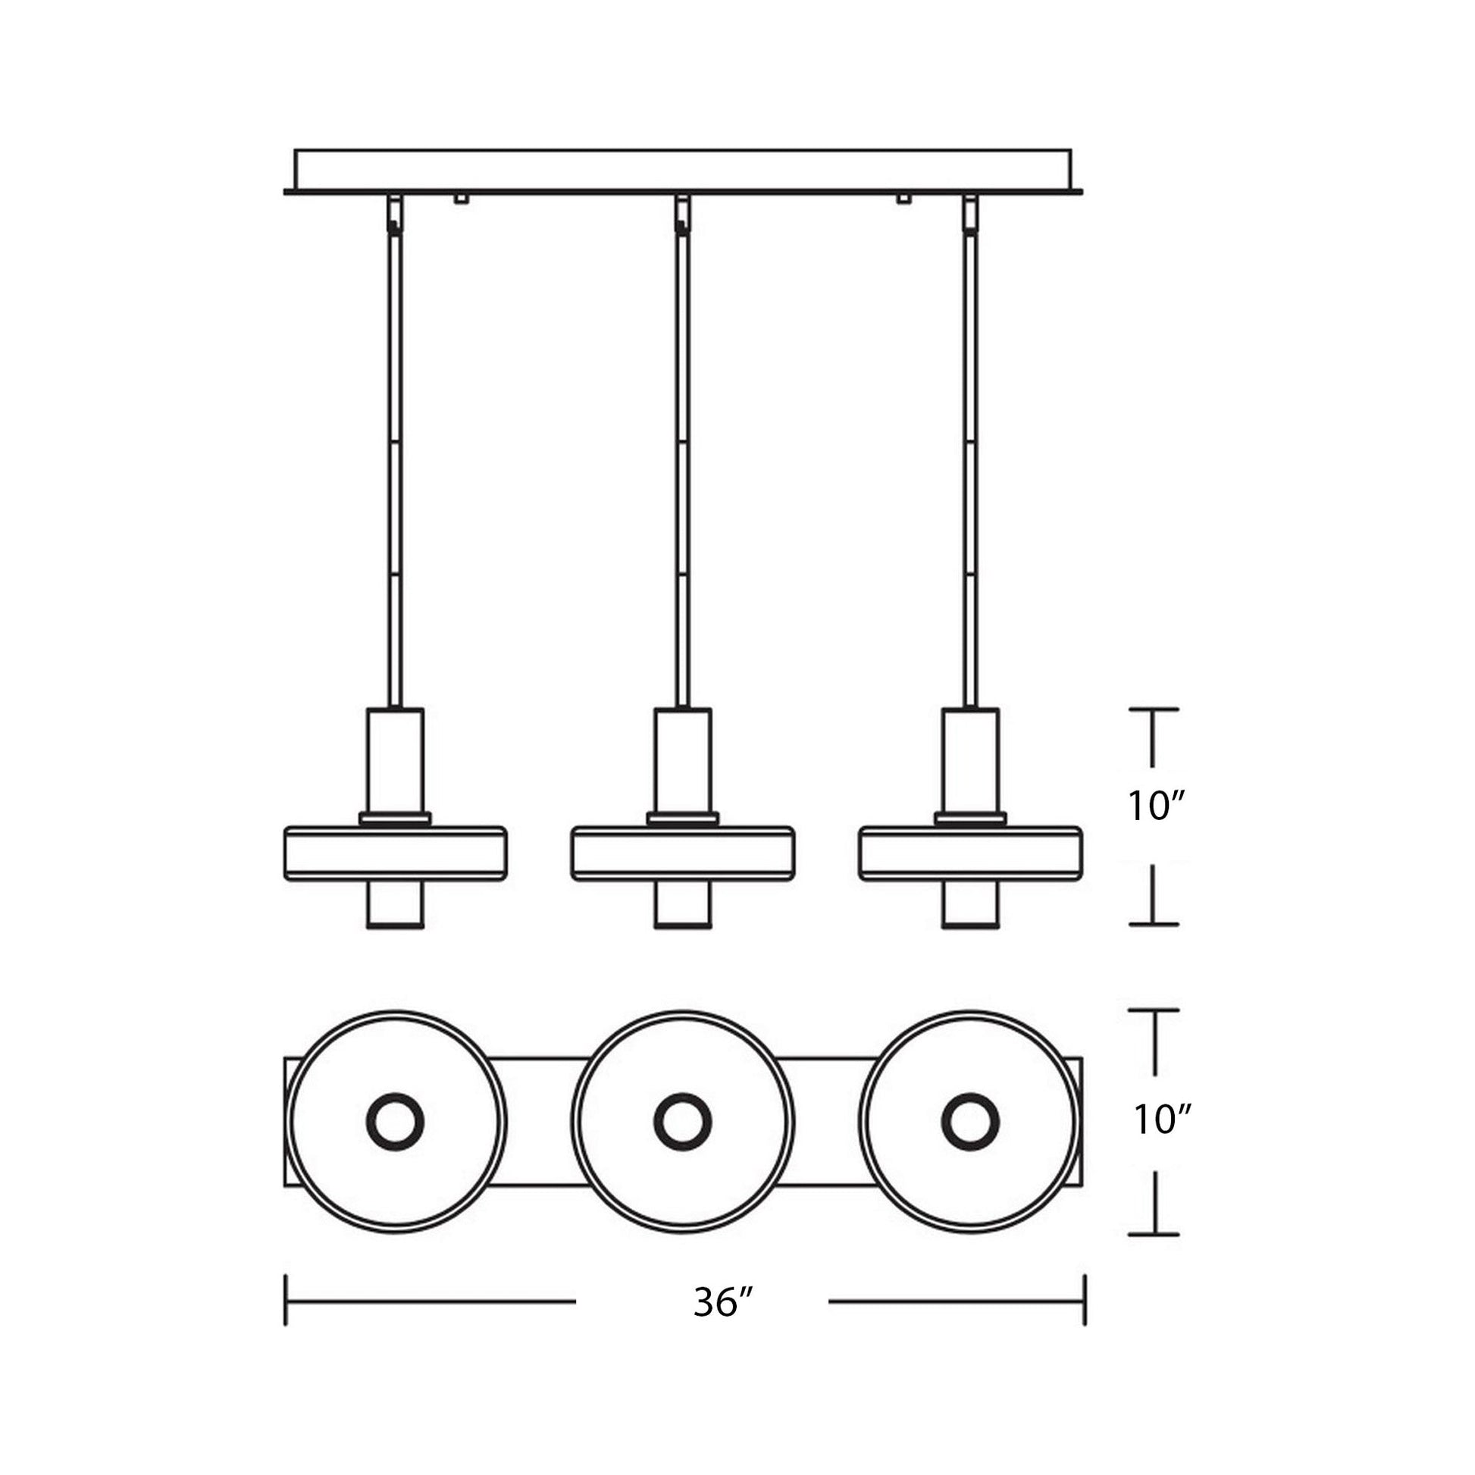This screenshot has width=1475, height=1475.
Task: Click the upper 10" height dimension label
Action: point(1156,806)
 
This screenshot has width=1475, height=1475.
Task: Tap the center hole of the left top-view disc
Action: point(395,1122)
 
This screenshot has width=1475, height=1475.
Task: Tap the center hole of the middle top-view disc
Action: point(682,1122)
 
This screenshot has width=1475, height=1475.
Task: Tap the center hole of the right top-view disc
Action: point(970,1122)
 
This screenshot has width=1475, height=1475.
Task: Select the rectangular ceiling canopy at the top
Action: point(682,170)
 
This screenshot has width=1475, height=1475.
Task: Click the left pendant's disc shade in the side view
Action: point(395,853)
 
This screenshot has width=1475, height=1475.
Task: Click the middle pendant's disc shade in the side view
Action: point(682,853)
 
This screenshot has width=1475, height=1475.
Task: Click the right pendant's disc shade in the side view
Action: point(970,853)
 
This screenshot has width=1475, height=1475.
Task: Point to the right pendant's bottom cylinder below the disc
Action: point(970,905)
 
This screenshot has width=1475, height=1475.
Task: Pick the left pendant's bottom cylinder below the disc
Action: point(395,905)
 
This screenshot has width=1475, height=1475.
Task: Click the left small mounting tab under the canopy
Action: point(460,199)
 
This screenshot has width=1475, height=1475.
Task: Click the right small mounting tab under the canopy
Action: point(905,199)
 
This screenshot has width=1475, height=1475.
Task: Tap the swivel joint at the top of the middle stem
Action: point(681,216)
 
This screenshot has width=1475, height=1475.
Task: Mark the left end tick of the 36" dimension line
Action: point(286,1300)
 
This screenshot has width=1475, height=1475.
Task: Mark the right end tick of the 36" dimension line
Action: point(1084,1300)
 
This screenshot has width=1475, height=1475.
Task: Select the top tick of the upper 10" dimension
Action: point(1154,709)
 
